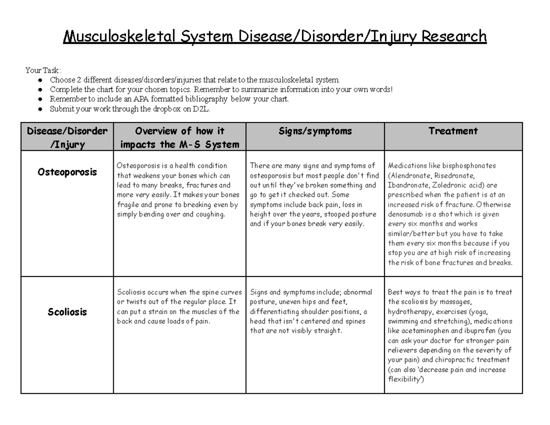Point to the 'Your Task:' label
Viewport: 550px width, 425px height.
click(43, 71)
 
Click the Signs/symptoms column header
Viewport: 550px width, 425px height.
click(315, 131)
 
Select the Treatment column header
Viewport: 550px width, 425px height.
click(453, 131)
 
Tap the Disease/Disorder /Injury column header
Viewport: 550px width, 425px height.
click(67, 138)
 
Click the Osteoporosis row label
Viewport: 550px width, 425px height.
click(67, 172)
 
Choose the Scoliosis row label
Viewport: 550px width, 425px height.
click(67, 312)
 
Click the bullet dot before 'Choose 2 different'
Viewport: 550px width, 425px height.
click(41, 80)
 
